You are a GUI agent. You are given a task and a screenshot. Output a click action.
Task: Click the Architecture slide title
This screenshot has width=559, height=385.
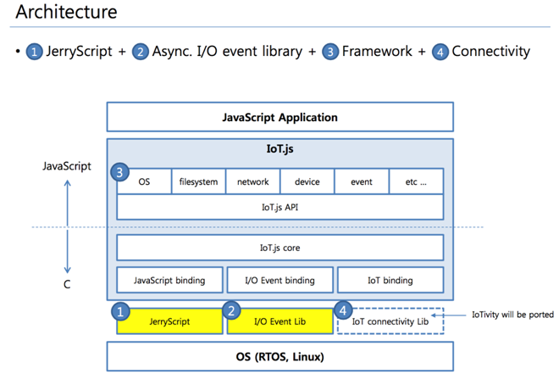point(66,13)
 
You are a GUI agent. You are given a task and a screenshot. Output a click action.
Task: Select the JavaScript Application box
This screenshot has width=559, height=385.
point(279,117)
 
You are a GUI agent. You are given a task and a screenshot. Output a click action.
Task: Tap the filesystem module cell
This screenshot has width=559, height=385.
point(198,181)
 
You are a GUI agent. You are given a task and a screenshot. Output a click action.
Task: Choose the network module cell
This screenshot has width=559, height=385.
point(252,181)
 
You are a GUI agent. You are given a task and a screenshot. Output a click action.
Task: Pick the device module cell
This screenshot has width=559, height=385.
point(307,181)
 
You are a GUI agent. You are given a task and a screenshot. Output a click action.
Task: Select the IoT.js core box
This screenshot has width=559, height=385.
point(279,248)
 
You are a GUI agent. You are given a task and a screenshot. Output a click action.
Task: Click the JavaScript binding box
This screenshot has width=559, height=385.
point(169,280)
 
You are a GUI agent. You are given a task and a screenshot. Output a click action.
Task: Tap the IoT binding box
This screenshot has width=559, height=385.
point(390,280)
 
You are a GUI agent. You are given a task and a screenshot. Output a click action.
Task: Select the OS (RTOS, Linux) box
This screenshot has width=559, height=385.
point(279,356)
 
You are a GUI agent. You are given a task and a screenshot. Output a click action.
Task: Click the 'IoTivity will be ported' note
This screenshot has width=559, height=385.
point(512,314)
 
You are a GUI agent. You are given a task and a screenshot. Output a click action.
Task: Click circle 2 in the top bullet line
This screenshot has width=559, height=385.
point(141,52)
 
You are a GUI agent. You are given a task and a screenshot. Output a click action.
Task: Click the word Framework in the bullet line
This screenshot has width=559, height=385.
point(377,51)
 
